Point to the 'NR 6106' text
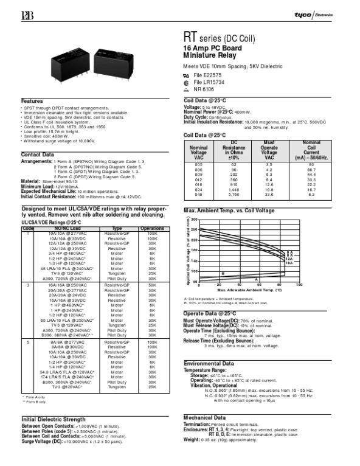(x=206, y=89)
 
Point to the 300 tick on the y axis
(x=195, y=219)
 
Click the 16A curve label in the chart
(x=289, y=263)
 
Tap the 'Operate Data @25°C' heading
(x=210, y=313)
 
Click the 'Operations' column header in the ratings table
(x=152, y=228)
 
